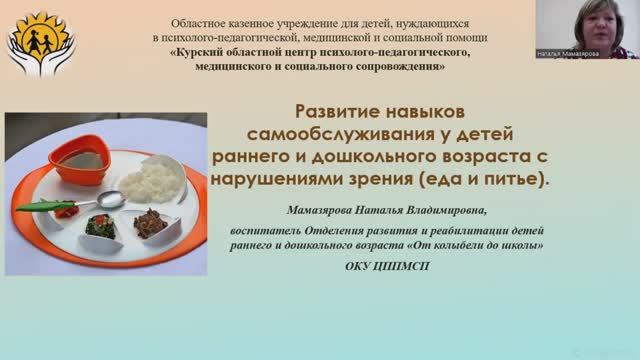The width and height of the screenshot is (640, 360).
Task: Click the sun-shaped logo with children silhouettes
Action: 37,41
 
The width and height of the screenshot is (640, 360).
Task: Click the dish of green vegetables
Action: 101,226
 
